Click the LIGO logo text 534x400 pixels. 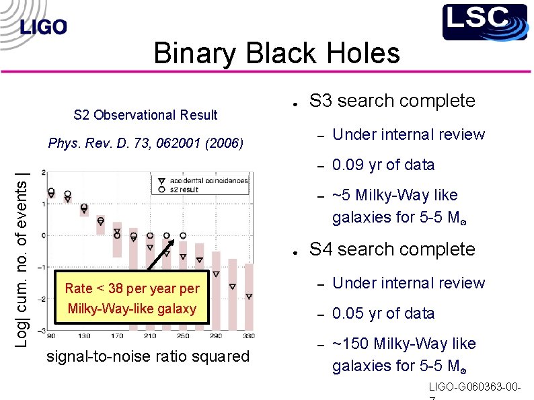[x=44, y=27]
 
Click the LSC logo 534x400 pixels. [x=484, y=22]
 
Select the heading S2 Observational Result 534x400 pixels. [x=145, y=115]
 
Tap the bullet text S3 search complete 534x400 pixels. [x=391, y=101]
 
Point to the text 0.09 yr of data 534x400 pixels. [x=383, y=165]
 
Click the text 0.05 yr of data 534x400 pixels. [x=383, y=313]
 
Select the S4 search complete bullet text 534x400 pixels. [x=391, y=249]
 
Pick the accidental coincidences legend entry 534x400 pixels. [x=208, y=180]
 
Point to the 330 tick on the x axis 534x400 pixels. [x=248, y=335]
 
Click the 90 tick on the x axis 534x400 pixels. [x=51, y=335]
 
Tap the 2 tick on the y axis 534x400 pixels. [x=43, y=173]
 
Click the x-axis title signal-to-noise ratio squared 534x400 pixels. [x=147, y=356]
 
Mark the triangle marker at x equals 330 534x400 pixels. [x=249, y=296]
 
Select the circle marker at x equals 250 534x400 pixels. [x=183, y=236]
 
